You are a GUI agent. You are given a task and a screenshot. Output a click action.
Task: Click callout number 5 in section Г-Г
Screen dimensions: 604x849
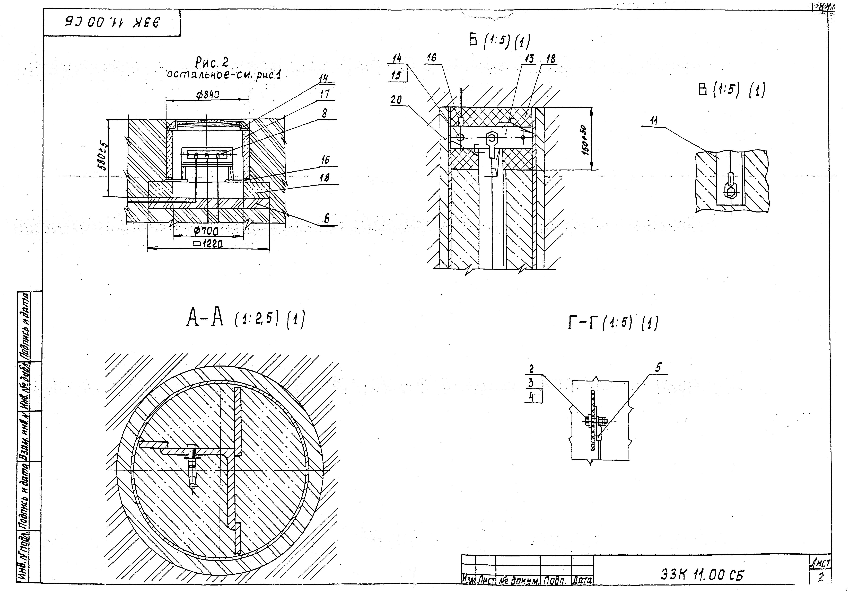click(658, 368)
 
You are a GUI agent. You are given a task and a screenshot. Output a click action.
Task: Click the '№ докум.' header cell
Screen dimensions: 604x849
click(518, 580)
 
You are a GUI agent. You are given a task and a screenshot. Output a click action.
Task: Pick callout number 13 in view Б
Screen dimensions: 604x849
click(529, 59)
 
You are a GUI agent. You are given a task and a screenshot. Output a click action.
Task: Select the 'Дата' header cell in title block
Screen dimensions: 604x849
click(582, 580)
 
